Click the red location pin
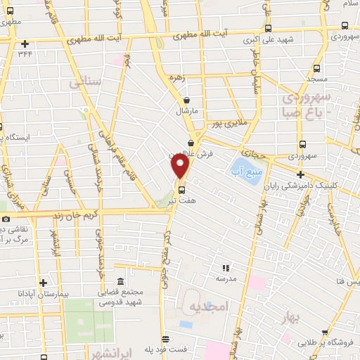tap(181, 167)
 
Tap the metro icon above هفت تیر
tap(182, 189)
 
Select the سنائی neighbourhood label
tap(86, 84)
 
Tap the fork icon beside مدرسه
tap(226, 268)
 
